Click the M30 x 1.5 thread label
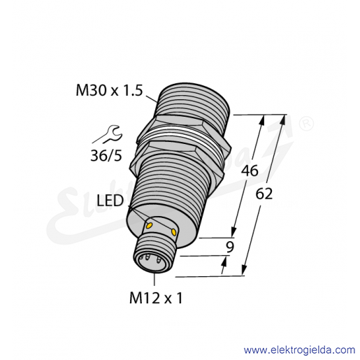click(109, 90)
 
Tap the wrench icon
click(111, 134)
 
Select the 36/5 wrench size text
click(106, 155)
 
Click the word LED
click(110, 201)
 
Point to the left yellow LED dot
click(149, 225)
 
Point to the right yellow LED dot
click(173, 231)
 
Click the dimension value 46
click(250, 171)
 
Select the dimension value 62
click(264, 194)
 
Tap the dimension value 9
click(230, 247)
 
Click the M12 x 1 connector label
click(156, 298)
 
